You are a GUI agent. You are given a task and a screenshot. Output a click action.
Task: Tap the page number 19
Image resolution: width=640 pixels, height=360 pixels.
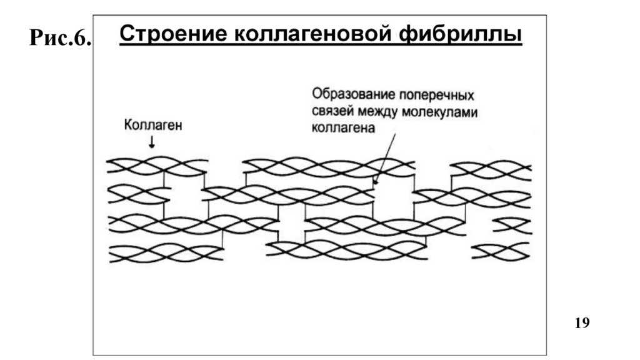click(x=581, y=322)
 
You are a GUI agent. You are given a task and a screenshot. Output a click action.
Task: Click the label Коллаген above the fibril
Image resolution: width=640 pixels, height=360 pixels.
click(x=153, y=126)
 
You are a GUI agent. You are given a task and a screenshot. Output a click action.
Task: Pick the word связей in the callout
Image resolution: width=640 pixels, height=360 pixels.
click(x=332, y=112)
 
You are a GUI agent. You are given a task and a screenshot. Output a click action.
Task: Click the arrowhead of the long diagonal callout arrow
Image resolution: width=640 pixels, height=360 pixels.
click(x=375, y=183)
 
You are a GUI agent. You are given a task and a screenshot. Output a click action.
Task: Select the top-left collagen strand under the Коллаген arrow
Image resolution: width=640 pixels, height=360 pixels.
click(x=156, y=166)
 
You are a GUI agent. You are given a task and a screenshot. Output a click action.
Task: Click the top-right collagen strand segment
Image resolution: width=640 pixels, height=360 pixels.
click(x=491, y=169)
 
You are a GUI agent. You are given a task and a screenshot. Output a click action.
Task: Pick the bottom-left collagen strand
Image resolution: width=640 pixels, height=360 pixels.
click(x=166, y=253)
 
